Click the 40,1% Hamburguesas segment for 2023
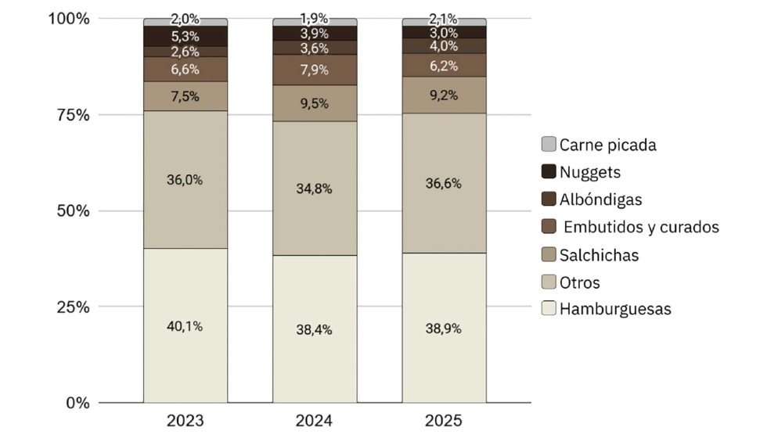(x=185, y=325)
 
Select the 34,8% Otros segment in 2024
(x=315, y=188)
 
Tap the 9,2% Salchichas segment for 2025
(x=445, y=95)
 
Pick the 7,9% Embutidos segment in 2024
(x=315, y=70)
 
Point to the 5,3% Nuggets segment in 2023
(x=185, y=36)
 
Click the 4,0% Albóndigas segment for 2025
(x=445, y=46)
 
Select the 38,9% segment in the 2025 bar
(x=445, y=328)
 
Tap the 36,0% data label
(x=185, y=180)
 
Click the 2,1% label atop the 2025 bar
(x=443, y=19)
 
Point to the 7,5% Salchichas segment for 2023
(x=185, y=96)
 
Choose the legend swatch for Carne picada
(x=549, y=144)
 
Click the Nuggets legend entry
(x=581, y=171)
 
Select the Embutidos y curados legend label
(x=641, y=227)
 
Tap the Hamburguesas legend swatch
(x=549, y=308)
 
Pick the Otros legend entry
(x=571, y=282)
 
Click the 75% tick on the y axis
(x=74, y=115)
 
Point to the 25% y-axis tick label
(x=74, y=307)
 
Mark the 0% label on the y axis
(x=77, y=403)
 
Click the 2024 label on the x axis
(x=314, y=421)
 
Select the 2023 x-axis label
(x=185, y=421)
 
